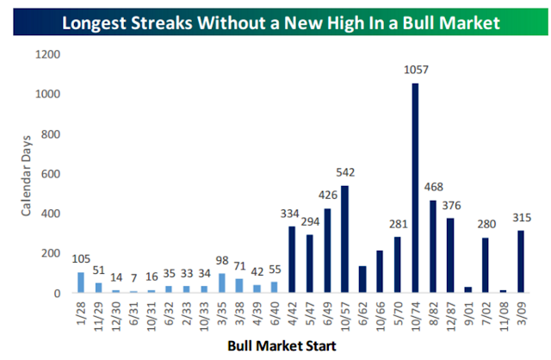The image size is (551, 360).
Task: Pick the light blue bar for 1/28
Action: pyautogui.click(x=81, y=282)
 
